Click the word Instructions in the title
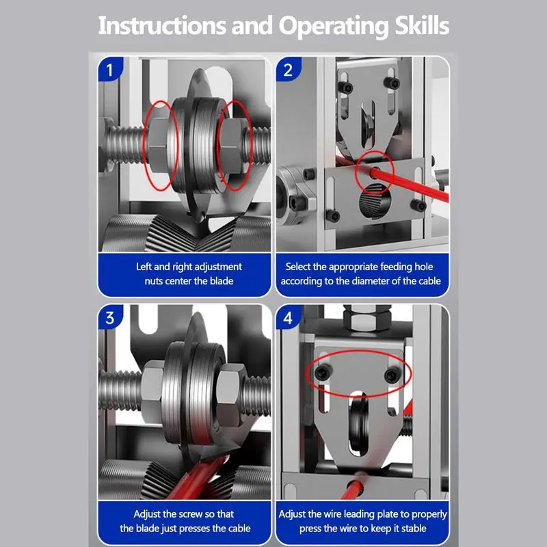(x=162, y=26)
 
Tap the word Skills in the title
(x=422, y=26)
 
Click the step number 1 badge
(x=110, y=70)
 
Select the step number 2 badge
(x=288, y=70)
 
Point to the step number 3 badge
(x=110, y=317)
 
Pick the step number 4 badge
(x=288, y=317)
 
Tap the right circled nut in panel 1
(x=232, y=146)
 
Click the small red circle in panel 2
(x=374, y=172)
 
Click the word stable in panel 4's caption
(x=413, y=528)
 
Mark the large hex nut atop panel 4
(x=366, y=317)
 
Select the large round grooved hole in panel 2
(x=375, y=202)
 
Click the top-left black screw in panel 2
(x=345, y=88)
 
